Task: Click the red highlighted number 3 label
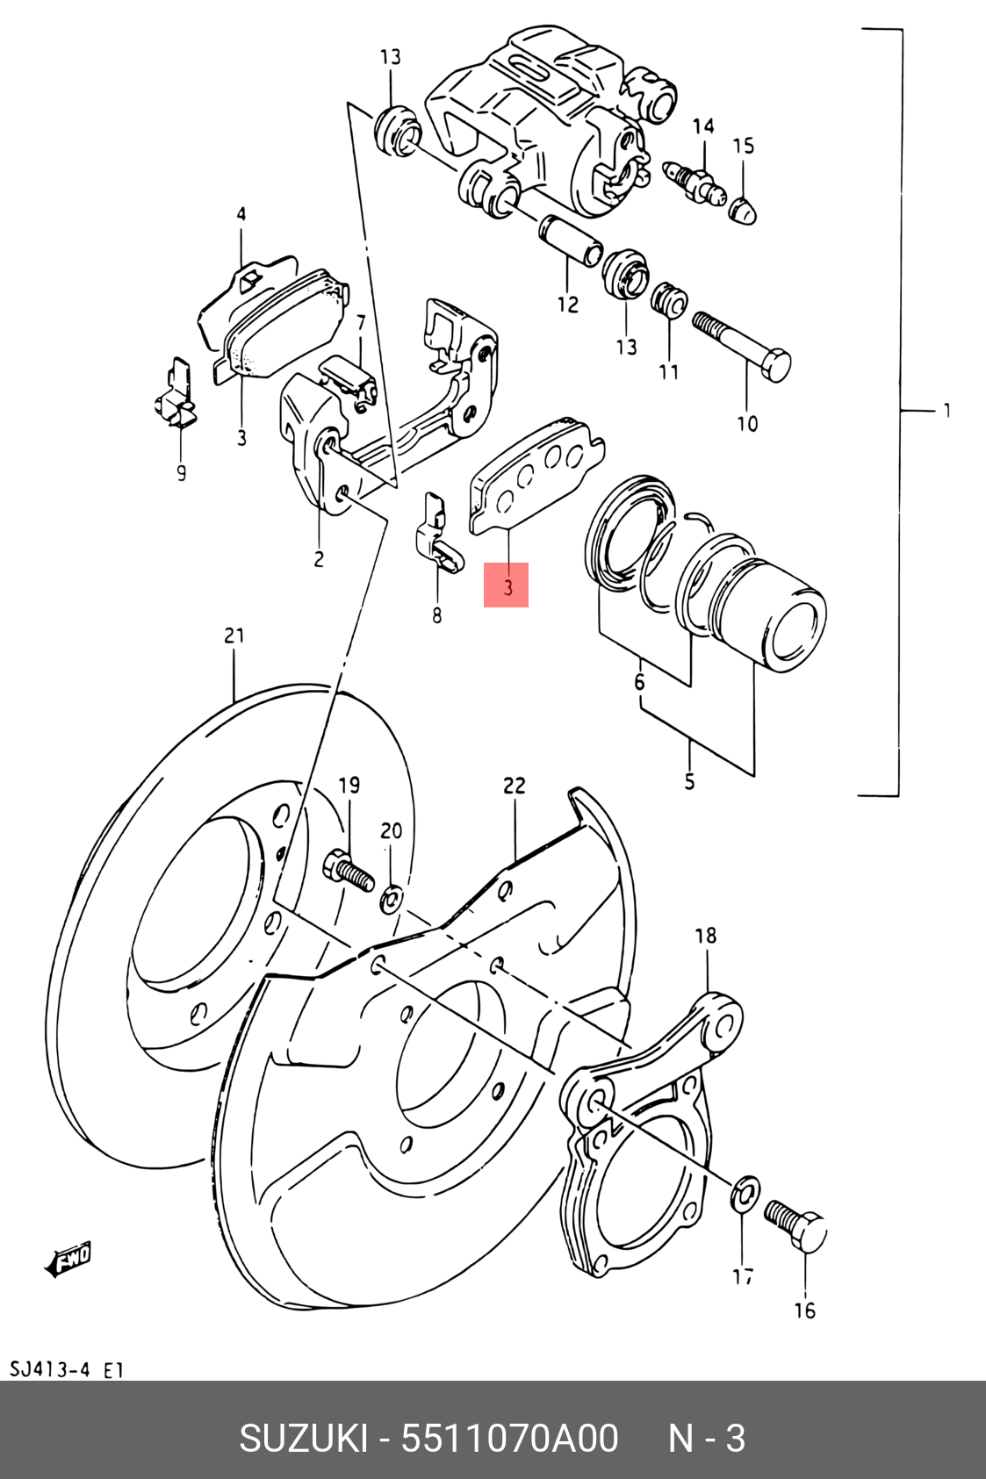pos(507,585)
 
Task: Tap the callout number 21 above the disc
pos(234,635)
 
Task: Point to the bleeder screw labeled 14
pos(695,182)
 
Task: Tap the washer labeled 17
pos(745,1192)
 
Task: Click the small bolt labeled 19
pos(349,872)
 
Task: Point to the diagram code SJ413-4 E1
pos(66,1370)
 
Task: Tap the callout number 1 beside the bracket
pos(947,411)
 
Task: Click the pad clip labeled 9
pos(175,394)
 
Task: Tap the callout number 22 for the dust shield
pos(515,786)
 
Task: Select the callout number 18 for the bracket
pos(706,936)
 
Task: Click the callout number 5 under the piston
pos(689,782)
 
